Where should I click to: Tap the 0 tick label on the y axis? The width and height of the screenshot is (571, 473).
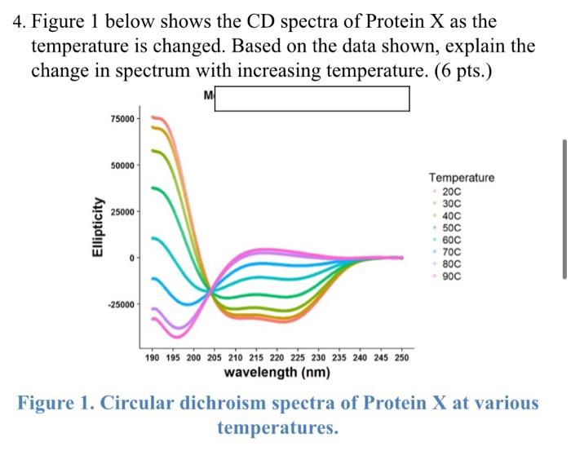point(130,259)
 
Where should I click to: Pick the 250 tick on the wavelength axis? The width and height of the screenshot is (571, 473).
point(402,359)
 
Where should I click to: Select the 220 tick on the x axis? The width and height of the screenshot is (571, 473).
point(277,359)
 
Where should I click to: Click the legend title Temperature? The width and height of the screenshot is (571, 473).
point(461,178)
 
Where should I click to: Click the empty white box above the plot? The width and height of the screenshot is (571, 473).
point(312,99)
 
